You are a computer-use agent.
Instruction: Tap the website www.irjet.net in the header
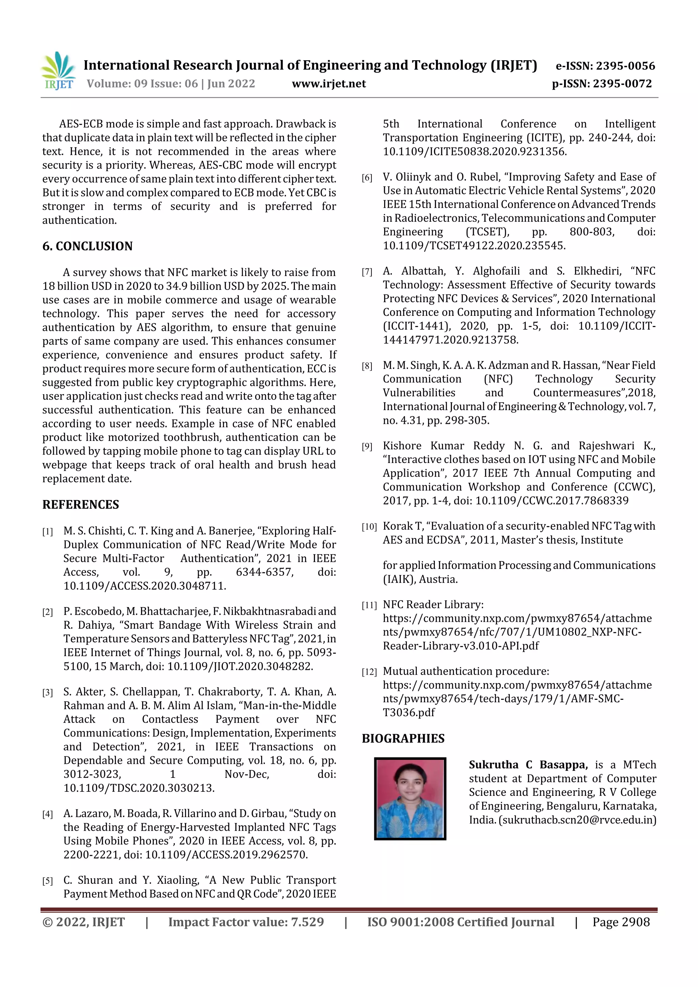click(x=329, y=84)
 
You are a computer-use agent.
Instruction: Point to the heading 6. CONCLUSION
click(x=87, y=246)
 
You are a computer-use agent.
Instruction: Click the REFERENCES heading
click(x=80, y=504)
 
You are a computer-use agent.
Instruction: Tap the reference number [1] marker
click(x=47, y=532)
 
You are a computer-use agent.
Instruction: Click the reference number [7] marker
click(x=367, y=272)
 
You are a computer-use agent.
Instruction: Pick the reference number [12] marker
click(x=369, y=672)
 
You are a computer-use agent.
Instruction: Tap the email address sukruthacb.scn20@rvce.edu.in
click(x=577, y=820)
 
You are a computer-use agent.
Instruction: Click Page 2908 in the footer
click(x=621, y=922)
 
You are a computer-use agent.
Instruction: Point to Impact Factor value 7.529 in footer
click(x=246, y=922)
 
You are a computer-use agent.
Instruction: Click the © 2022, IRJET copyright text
click(x=84, y=922)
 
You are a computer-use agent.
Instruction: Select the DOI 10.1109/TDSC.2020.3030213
click(x=139, y=788)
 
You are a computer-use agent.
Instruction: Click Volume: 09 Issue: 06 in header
click(x=142, y=84)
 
